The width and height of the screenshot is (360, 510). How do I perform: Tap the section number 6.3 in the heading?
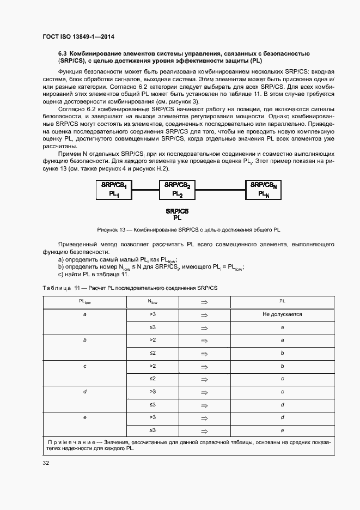click(63, 53)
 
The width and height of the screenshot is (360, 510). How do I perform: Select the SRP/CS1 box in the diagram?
click(114, 189)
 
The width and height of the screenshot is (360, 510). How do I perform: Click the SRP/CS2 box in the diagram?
click(178, 189)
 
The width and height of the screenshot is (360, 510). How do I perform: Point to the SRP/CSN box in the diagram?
click(264, 189)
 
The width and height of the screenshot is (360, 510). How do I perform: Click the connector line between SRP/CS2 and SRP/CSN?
click(221, 190)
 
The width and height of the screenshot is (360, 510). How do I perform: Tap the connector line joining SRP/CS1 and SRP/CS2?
click(146, 190)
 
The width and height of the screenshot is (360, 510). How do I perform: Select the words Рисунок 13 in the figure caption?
click(111, 229)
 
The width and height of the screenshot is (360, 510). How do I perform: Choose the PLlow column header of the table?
click(85, 301)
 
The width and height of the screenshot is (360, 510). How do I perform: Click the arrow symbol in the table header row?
click(205, 301)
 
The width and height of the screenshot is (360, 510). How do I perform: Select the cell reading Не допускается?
click(282, 315)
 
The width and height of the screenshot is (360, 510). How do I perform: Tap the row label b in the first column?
click(85, 340)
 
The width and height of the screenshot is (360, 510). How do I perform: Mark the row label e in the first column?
click(85, 417)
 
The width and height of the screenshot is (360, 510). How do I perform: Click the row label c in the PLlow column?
click(85, 366)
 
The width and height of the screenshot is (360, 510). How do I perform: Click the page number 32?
click(46, 463)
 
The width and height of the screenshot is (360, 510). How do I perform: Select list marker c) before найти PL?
click(61, 274)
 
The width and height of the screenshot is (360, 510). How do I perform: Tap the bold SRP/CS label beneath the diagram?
click(177, 210)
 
